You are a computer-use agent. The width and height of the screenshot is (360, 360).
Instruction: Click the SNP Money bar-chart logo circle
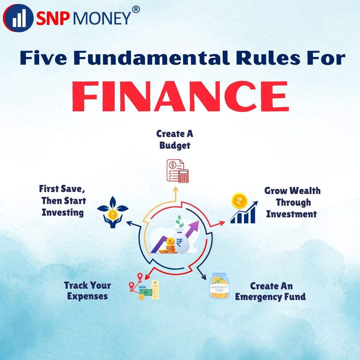coord(18,18)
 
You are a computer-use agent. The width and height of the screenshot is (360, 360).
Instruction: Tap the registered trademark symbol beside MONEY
coord(136,10)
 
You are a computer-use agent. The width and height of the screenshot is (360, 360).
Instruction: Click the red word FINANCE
coord(180,96)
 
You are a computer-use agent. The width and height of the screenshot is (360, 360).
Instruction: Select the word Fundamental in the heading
coord(152,58)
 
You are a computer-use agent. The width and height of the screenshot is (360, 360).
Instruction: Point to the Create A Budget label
coord(175,140)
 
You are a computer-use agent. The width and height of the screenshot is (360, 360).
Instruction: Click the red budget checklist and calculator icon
coord(177,171)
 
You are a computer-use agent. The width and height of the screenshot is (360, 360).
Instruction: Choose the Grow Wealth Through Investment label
coord(292,202)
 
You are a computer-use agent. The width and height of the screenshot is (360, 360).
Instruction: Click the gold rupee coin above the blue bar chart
coord(239,201)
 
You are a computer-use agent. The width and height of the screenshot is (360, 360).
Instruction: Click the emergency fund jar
coord(219,286)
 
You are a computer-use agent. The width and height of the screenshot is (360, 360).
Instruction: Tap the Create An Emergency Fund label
coord(270,291)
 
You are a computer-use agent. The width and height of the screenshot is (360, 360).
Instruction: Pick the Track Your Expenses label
coord(87,291)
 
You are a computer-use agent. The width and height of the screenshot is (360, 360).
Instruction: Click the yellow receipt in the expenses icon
coord(155,290)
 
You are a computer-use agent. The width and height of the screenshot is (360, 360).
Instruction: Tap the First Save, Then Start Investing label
coord(62,200)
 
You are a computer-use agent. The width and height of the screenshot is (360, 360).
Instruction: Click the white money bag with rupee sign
coord(180,241)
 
